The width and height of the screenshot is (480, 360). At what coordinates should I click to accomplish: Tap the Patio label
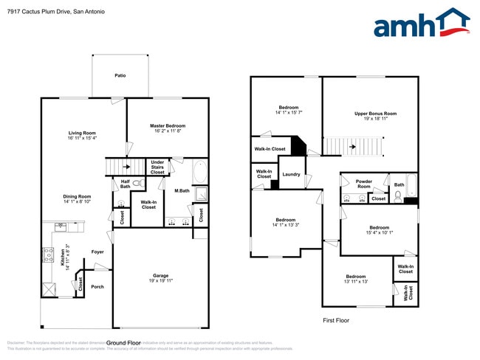pyautogui.click(x=120, y=75)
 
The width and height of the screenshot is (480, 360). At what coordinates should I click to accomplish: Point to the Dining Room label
pyautogui.click(x=77, y=198)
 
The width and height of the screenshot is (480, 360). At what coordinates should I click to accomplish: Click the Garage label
pyautogui.click(x=161, y=278)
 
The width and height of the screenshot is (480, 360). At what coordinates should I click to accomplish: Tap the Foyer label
pyautogui.click(x=97, y=252)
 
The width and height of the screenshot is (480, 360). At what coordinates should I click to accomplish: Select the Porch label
pyautogui.click(x=97, y=287)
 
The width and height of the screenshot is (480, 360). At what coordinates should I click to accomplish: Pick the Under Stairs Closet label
pyautogui.click(x=157, y=167)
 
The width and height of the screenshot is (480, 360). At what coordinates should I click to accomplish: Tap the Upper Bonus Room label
pyautogui.click(x=375, y=116)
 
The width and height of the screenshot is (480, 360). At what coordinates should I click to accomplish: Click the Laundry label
pyautogui.click(x=291, y=175)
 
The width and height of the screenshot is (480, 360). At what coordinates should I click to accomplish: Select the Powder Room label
pyautogui.click(x=363, y=184)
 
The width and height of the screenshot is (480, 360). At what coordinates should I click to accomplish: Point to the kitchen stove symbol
pyautogui.click(x=49, y=255)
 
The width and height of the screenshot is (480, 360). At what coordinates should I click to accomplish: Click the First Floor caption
pyautogui.click(x=336, y=320)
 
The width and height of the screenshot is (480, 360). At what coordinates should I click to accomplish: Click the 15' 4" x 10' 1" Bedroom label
pyautogui.click(x=379, y=230)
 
